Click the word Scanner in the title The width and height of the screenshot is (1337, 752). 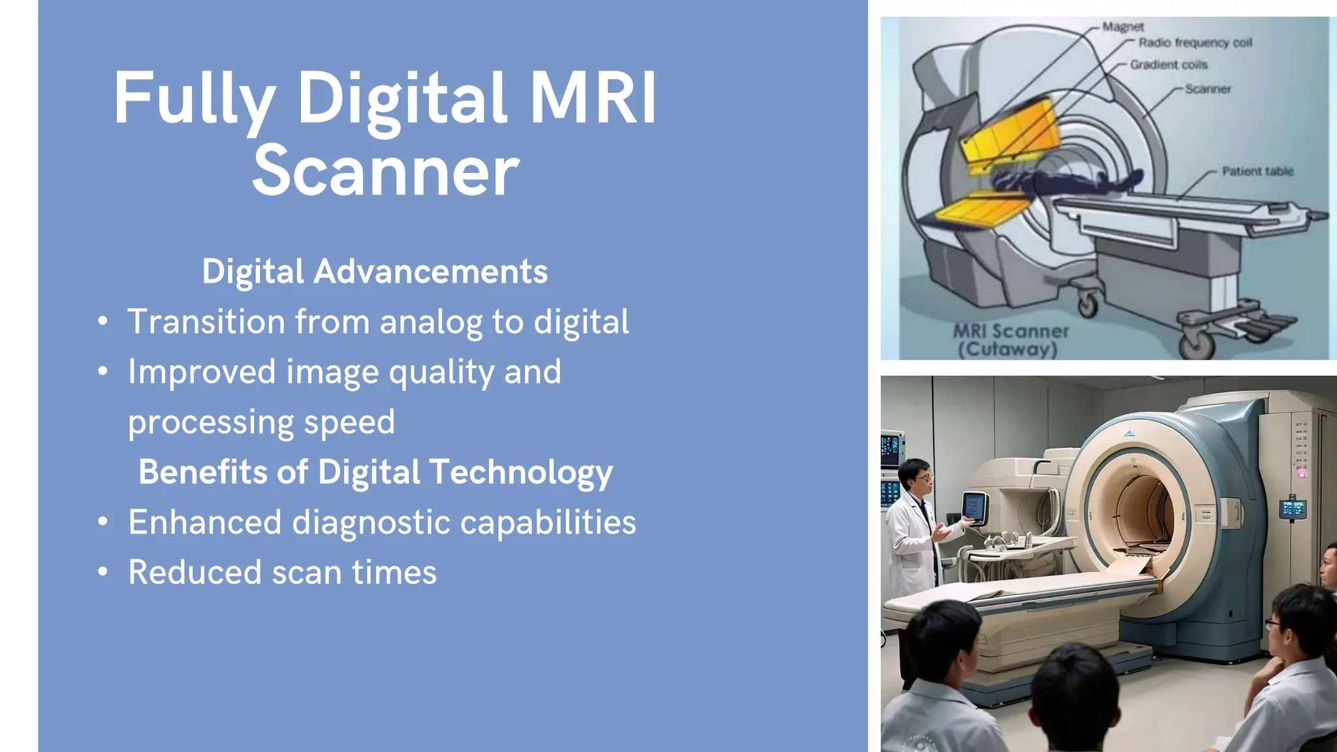coord(385,171)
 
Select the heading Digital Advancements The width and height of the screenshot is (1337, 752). coord(374,272)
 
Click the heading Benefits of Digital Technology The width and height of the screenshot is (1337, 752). coord(375,472)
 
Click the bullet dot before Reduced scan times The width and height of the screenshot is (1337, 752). coord(102,572)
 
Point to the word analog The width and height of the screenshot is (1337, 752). coord(431,322)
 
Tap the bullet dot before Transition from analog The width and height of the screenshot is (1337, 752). coord(102,321)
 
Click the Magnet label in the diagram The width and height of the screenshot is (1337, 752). coord(1123,27)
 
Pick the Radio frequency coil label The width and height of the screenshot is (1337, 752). coord(1195,43)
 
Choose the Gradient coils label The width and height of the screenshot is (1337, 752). coord(1169,65)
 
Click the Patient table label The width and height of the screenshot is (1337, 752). coord(1257,172)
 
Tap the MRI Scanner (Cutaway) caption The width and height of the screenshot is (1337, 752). coord(1011,340)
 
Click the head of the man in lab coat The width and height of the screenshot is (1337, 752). coord(915,477)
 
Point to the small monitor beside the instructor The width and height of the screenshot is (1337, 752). coord(975,507)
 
